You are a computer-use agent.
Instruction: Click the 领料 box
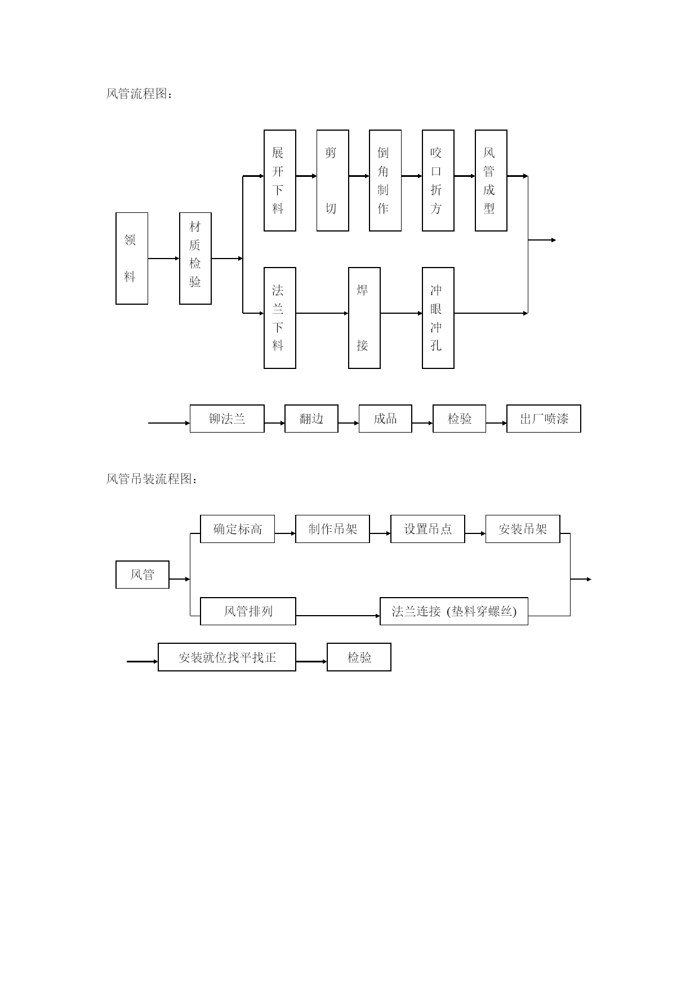click(x=132, y=259)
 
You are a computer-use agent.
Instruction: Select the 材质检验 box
click(x=195, y=259)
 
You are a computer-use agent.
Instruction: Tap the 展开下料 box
click(x=280, y=180)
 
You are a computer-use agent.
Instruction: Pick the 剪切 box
click(x=332, y=180)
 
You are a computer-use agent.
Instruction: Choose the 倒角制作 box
click(x=385, y=180)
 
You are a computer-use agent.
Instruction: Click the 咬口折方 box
click(x=438, y=180)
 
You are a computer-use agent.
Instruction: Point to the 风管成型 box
click(x=491, y=180)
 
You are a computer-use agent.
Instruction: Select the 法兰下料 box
click(x=280, y=318)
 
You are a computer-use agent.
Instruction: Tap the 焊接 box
click(x=364, y=318)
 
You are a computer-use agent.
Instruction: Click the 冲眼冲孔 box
click(x=438, y=318)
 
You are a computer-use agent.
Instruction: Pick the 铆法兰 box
click(x=227, y=419)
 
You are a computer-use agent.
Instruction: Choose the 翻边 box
click(x=311, y=419)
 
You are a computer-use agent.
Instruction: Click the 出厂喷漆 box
click(x=544, y=419)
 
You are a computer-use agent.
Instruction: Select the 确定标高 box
click(x=238, y=529)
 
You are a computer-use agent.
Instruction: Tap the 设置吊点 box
click(x=428, y=529)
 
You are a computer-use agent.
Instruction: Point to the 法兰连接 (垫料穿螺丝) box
click(x=454, y=611)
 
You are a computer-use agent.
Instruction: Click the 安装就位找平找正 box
click(x=227, y=657)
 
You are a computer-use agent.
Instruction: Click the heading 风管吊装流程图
click(x=152, y=479)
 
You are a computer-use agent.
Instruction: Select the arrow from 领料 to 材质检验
click(x=163, y=259)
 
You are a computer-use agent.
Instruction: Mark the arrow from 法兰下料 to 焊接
click(x=322, y=313)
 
